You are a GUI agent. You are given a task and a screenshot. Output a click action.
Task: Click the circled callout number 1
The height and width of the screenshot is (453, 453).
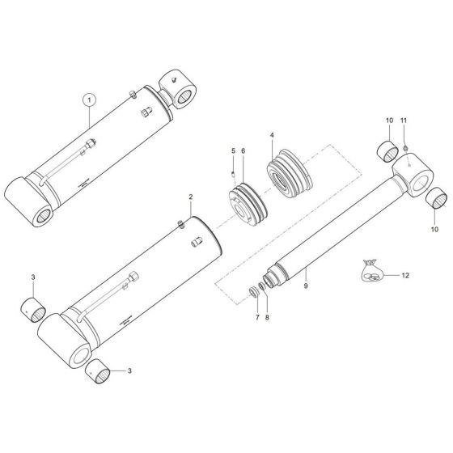point(89,100)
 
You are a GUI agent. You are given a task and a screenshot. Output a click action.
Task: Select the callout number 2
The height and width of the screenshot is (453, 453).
point(190,197)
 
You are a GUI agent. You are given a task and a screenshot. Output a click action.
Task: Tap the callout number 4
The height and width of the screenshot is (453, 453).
point(272,135)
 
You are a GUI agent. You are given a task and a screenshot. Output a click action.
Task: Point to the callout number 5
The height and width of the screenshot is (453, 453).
point(234,150)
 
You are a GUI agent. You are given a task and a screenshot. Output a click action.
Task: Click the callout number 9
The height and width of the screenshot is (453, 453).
point(306,286)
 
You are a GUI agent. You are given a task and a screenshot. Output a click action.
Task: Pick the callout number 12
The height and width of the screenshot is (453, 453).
point(405,276)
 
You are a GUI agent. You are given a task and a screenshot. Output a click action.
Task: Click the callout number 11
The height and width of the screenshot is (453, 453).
point(404,121)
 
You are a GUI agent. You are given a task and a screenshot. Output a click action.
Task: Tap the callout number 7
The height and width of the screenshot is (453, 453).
point(257,317)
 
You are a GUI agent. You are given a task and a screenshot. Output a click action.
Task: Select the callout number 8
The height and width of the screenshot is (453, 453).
point(267,317)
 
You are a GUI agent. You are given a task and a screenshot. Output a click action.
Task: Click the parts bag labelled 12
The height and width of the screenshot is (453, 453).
point(371,271)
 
